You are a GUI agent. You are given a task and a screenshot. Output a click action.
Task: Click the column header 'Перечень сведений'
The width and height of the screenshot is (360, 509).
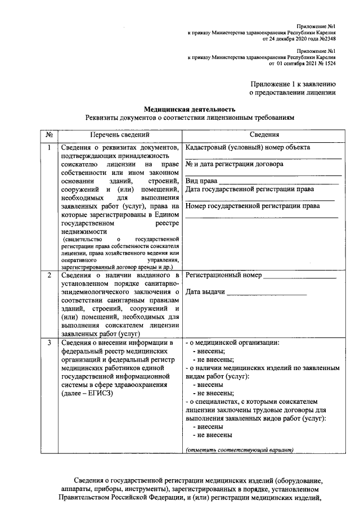(120, 135)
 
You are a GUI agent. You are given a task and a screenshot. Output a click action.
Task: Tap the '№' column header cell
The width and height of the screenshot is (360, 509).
(49, 135)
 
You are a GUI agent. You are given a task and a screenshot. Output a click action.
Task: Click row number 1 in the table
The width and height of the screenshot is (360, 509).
(49, 148)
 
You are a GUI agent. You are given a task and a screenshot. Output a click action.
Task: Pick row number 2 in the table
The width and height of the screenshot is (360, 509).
(49, 276)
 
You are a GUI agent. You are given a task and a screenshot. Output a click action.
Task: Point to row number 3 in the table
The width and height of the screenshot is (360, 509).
(49, 343)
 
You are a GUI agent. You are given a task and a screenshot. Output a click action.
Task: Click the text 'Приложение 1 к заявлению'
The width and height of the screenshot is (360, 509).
(293, 83)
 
